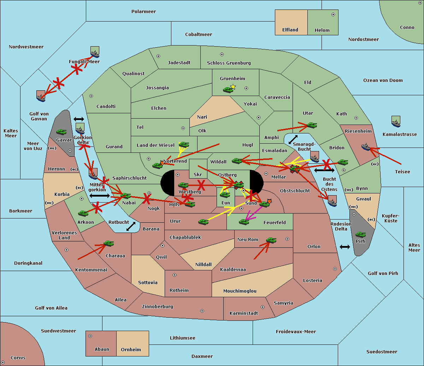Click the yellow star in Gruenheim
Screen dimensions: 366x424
233,86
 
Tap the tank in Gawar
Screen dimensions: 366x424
61,132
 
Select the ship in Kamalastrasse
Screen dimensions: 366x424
396,121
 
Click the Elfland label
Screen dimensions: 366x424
290,30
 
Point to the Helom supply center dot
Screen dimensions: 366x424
333,14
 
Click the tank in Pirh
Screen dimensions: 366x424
360,234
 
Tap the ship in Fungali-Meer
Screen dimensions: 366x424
95,52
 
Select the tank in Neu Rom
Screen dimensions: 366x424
271,240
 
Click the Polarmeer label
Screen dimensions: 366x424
143,12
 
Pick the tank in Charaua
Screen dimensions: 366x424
108,243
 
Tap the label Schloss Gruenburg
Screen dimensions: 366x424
229,63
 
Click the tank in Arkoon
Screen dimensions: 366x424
83,213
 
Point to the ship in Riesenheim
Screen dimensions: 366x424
366,146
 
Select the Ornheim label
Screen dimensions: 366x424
131,350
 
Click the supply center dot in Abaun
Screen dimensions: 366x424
90,336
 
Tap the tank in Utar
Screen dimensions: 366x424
312,125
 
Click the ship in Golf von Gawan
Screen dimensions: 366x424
41,96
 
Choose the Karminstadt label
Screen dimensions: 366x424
244,313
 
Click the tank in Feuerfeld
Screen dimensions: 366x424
244,222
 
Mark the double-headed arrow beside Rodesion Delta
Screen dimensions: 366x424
345,247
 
